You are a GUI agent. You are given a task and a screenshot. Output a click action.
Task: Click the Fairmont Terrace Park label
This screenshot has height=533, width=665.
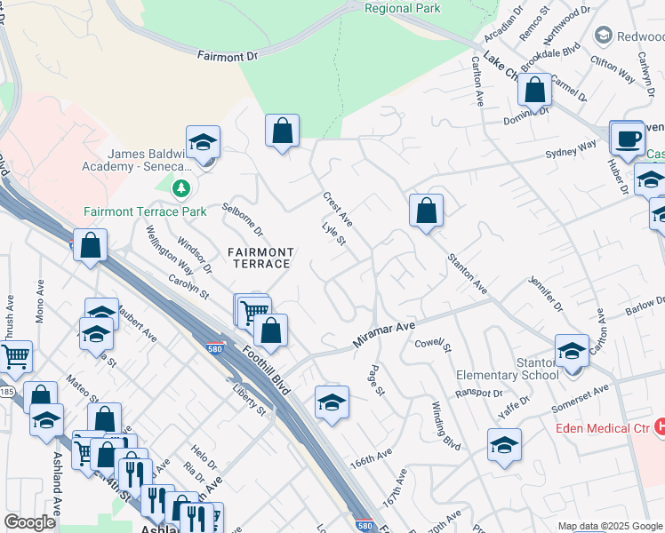(145, 211)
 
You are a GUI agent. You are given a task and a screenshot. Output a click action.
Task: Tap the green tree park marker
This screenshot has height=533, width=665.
(181, 188)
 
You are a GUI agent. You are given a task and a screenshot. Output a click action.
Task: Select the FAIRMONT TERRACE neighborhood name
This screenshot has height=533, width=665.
(258, 258)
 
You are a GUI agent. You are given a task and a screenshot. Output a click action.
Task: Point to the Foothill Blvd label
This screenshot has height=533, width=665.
(266, 364)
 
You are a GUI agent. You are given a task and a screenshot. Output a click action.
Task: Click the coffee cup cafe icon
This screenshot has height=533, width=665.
(627, 138)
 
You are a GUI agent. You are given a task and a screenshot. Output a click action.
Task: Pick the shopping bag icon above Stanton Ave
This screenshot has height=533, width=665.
(426, 211)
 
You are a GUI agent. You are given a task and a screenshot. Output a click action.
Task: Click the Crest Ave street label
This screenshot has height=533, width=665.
(338, 210)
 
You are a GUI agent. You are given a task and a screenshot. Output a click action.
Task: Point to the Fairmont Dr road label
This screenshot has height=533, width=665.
(227, 56)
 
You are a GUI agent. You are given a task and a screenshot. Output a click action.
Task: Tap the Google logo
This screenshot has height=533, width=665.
(29, 522)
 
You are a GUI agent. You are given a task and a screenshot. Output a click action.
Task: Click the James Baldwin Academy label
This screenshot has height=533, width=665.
(149, 160)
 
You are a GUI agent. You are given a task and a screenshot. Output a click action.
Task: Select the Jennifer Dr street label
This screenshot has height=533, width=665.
(545, 293)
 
